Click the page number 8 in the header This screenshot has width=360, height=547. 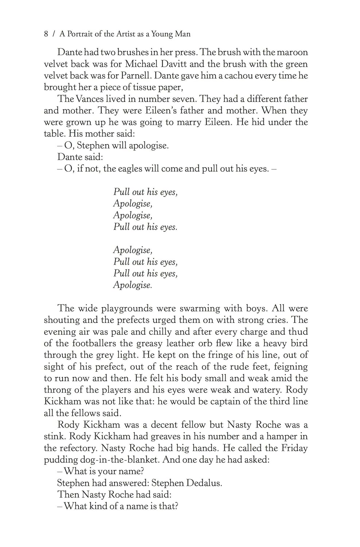pos(46,34)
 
